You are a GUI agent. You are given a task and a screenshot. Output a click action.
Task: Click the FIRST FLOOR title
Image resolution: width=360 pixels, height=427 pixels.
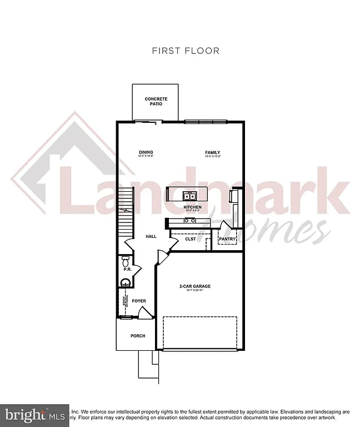click(186, 51)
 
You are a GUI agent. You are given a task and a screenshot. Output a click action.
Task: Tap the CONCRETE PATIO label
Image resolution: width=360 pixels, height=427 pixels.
click(156, 101)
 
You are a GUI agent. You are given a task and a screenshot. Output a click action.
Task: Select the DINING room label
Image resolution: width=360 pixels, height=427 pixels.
click(146, 152)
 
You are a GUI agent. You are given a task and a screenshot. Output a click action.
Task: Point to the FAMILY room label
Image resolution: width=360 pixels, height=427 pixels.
click(212, 152)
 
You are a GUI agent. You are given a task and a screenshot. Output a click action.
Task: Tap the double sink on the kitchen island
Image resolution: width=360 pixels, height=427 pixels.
click(189, 196)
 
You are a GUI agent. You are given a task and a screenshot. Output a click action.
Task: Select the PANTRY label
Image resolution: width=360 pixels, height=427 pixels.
click(227, 240)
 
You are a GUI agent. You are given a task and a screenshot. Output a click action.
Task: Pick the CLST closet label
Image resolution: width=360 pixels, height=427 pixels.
click(191, 239)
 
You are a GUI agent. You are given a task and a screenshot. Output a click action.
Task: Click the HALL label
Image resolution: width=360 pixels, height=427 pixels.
click(151, 236)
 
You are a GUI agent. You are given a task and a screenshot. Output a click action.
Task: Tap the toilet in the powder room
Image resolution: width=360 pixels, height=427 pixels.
click(125, 261)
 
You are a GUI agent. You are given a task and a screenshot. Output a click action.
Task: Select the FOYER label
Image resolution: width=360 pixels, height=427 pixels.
click(139, 301)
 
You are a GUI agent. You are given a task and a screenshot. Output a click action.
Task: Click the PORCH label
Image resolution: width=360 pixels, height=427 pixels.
click(137, 336)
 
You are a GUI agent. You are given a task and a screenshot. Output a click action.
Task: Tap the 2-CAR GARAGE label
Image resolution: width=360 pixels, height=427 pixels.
click(194, 286)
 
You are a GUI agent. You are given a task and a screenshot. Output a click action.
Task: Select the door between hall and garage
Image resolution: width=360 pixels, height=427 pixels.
click(162, 257)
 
